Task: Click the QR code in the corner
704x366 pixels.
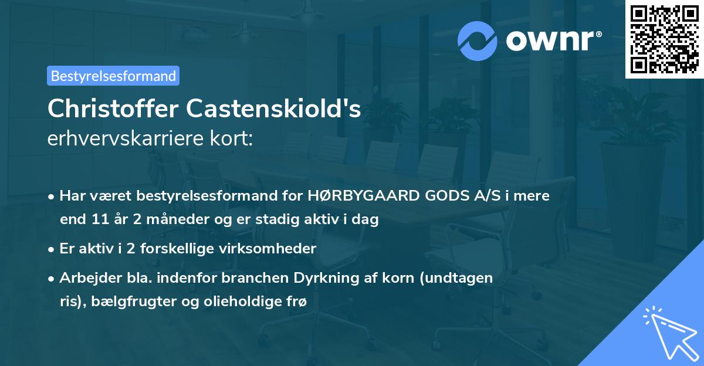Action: pos(664,39)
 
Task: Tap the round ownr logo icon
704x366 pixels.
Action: pos(478,40)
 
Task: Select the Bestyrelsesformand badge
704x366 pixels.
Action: pos(113,76)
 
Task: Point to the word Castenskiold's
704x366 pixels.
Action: pos(273,109)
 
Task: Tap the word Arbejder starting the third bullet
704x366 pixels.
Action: pos(87,278)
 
